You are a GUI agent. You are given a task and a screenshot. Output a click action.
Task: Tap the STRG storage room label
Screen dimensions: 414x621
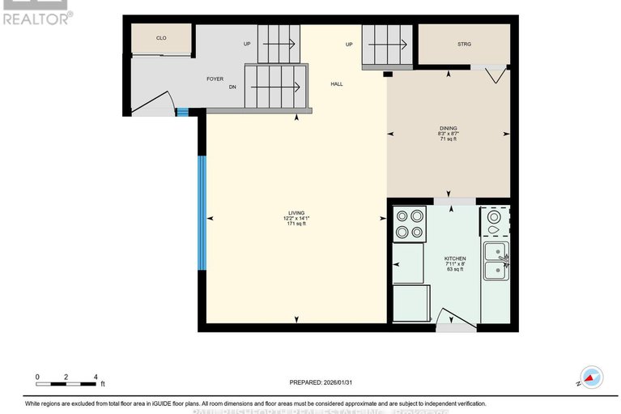tap(464, 45)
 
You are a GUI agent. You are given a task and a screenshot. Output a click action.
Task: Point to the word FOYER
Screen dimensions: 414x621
tap(215, 79)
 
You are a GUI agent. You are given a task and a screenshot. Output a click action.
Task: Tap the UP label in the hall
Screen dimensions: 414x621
tap(349, 44)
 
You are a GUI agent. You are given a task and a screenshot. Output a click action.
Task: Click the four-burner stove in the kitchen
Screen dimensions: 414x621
tap(409, 224)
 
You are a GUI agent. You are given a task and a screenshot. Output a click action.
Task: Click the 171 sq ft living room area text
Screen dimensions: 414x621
tap(294, 223)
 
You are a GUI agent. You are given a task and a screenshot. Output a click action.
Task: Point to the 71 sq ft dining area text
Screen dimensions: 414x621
tap(448, 139)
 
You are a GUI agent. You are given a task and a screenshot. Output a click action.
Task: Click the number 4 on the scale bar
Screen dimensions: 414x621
tap(96, 377)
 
